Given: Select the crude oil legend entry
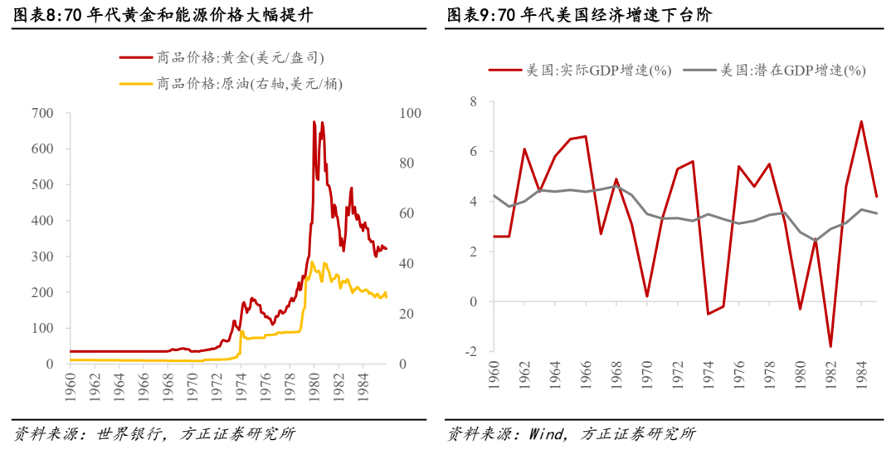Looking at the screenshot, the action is pos(231,84).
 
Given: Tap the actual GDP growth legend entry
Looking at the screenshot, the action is pos(579,71).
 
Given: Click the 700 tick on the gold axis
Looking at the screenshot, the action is pos(41,113).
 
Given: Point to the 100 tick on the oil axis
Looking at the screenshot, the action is pos(409,113).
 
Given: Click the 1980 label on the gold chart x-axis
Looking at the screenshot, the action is pos(314,388).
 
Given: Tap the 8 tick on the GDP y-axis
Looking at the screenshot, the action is pos(474,102).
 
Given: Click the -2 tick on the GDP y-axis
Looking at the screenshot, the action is pos(471,352).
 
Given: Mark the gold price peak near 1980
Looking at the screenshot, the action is pos(314,121).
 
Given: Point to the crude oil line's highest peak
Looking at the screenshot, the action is pos(311,262).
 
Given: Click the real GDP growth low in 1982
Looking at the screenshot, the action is pos(830,346).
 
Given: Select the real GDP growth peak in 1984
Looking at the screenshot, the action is pos(861,121).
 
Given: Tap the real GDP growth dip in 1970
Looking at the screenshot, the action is pos(647,296).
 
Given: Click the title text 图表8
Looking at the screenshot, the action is pos(33,14).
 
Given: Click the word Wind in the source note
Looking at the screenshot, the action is pos(547,433).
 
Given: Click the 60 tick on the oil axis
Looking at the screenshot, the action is pos(406,214).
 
